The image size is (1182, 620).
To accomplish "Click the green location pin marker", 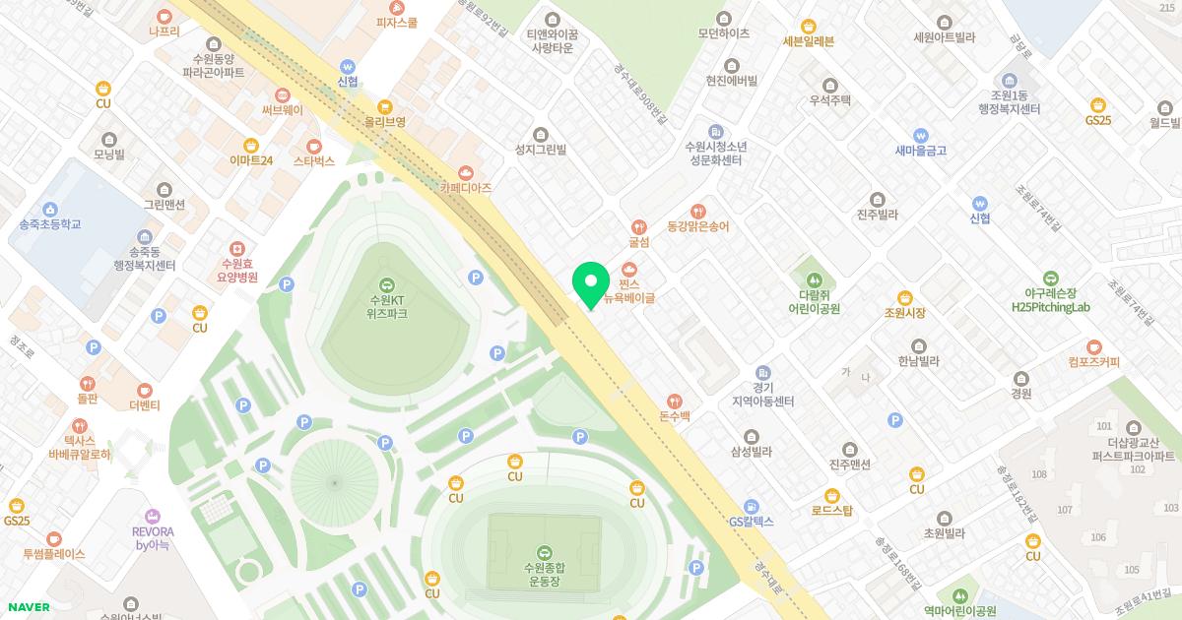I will [590, 283].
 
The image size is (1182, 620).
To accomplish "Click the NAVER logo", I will [29, 607].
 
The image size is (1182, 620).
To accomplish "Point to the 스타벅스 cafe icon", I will [313, 146].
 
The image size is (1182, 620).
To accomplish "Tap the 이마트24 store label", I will [251, 160].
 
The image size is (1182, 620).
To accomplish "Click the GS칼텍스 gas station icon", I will [752, 506].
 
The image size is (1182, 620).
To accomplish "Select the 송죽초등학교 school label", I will [49, 224].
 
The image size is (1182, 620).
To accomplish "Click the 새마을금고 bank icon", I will [921, 136].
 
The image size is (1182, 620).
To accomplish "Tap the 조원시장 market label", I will [904, 312].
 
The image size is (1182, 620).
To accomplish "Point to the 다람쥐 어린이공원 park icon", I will [814, 279].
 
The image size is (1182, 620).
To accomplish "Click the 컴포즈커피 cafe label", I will [1093, 361].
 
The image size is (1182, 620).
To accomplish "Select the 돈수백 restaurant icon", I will [675, 401].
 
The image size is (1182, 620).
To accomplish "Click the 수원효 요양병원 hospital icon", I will [236, 250].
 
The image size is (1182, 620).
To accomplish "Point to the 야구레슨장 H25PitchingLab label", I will [1051, 300].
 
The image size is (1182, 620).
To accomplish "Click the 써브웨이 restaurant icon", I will [283, 95].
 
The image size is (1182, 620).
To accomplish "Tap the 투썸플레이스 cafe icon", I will [54, 538].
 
